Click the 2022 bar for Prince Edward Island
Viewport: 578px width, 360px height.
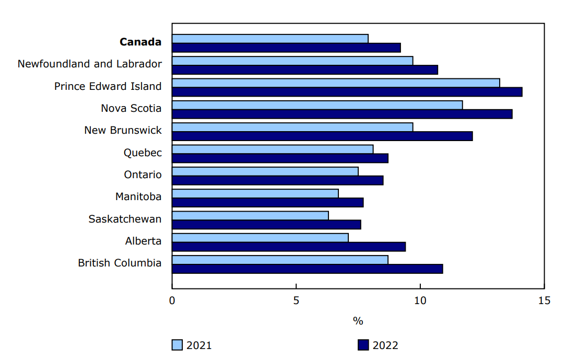347,92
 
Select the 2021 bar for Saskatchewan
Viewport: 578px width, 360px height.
250,215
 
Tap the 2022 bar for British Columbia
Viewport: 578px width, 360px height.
307,269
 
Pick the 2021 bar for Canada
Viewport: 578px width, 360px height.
270,39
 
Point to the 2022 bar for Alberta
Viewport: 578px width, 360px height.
288,247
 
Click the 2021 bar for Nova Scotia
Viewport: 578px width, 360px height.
317,105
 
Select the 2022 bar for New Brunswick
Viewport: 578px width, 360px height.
322,136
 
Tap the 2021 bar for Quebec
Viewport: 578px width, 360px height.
273,149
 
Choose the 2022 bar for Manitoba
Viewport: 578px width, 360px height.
267,202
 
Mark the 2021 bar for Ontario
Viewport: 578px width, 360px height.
265,171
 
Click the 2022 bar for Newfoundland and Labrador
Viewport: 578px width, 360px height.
304,69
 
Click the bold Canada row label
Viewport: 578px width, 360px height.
140,42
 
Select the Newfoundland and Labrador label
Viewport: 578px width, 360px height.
89,64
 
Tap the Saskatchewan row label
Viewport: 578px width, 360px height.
125,219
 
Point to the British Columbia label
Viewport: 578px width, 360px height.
120,263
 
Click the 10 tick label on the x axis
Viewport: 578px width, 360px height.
420,301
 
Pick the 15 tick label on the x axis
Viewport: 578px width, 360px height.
544,301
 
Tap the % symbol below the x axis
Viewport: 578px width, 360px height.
358,321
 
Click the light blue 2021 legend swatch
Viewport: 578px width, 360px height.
177,345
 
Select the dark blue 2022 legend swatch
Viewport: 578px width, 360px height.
363,345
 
